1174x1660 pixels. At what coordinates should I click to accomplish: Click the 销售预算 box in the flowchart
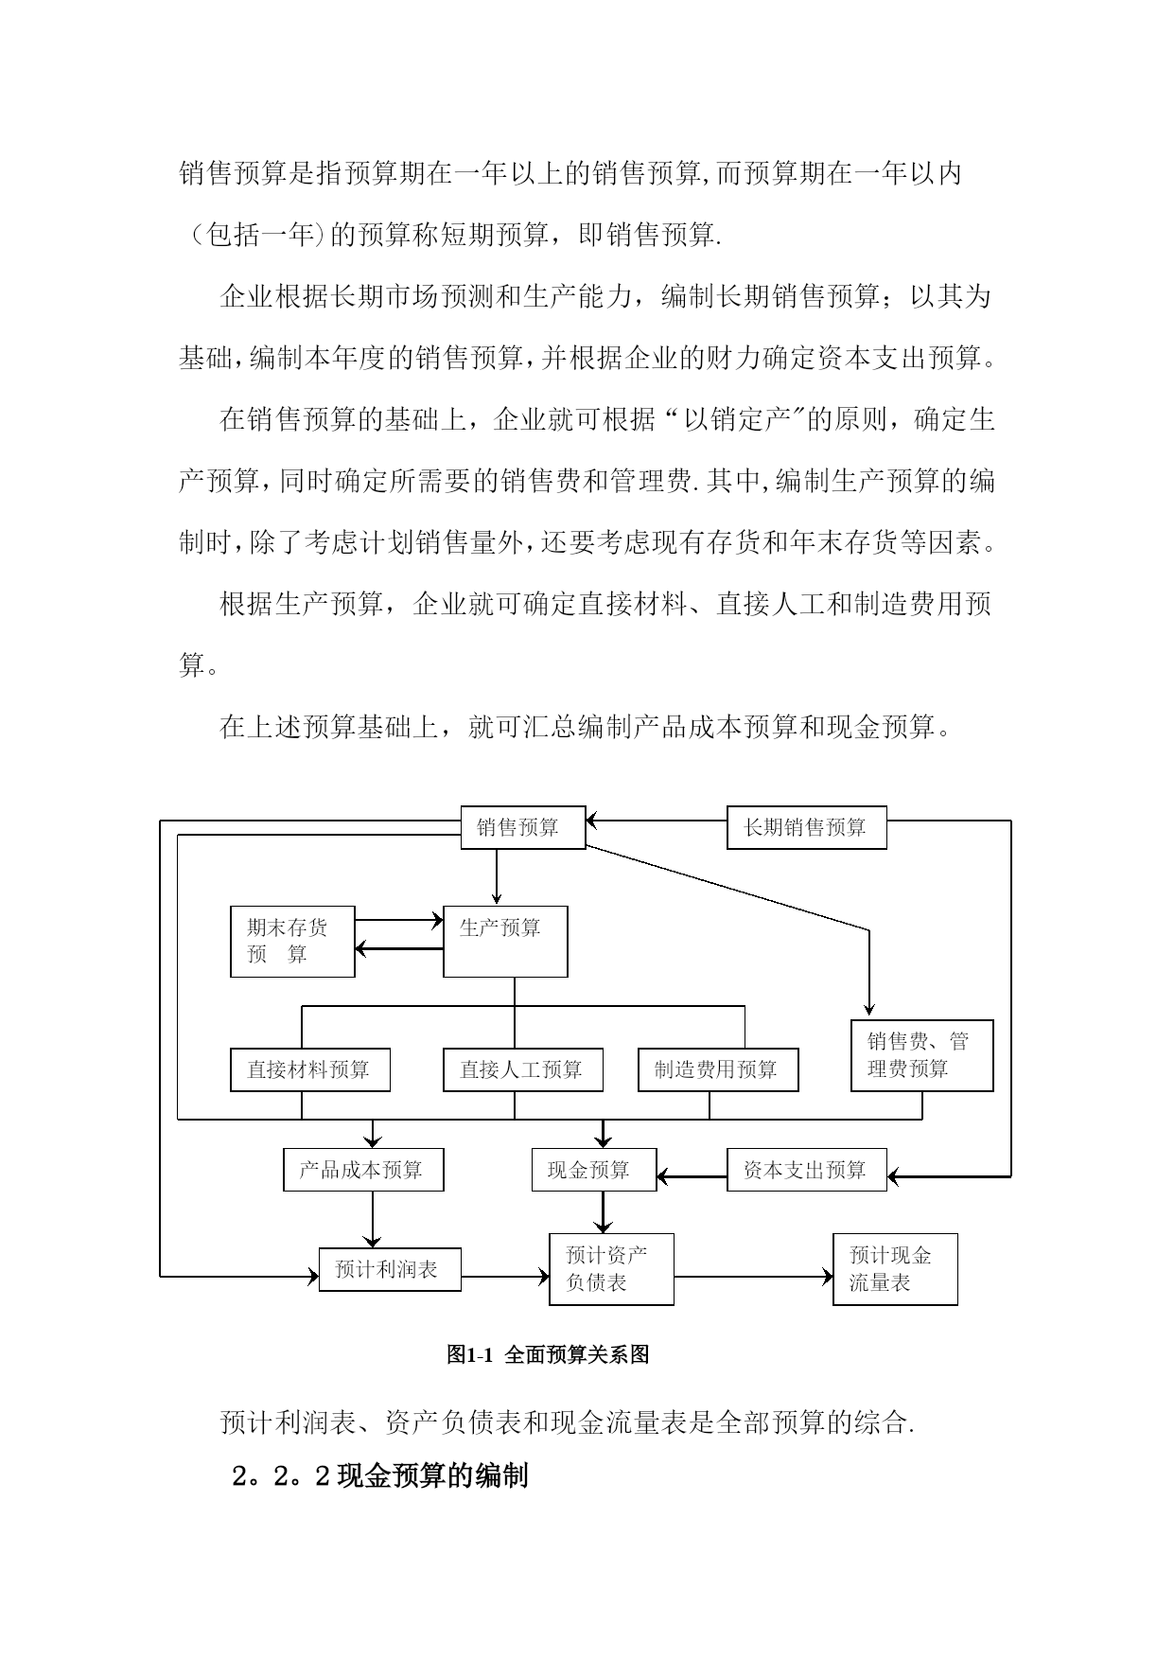tap(523, 827)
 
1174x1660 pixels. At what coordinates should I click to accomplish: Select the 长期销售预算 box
tap(807, 827)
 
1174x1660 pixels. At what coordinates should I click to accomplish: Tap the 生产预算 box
tap(506, 942)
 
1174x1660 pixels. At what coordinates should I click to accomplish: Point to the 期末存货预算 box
tap(293, 942)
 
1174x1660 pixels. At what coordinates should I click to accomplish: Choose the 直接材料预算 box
tap(310, 1070)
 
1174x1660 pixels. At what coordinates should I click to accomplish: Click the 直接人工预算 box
tap(523, 1070)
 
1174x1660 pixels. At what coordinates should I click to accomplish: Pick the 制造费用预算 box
tap(718, 1070)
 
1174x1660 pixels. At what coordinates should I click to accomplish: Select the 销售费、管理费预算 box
tap(922, 1056)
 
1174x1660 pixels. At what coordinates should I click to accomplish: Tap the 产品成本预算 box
tap(363, 1170)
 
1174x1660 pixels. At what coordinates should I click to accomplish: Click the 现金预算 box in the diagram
tap(594, 1170)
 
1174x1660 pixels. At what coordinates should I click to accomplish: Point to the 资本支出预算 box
tap(807, 1170)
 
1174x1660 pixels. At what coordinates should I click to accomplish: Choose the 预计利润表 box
tap(390, 1269)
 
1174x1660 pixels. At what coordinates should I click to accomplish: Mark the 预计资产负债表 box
tap(612, 1269)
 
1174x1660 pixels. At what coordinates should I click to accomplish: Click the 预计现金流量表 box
tap(896, 1269)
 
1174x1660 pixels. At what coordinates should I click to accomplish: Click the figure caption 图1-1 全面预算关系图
tap(549, 1354)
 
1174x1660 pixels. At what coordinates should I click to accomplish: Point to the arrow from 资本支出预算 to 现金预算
tap(692, 1177)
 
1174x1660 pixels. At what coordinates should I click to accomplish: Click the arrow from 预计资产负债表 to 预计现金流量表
tap(754, 1277)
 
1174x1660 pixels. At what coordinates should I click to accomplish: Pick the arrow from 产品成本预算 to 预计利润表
tap(373, 1219)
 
